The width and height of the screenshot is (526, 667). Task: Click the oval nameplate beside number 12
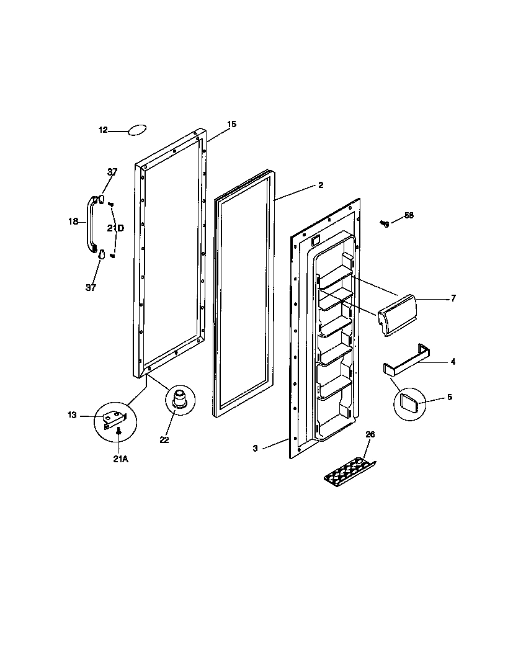point(136,130)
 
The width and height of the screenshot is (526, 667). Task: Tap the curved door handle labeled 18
point(89,223)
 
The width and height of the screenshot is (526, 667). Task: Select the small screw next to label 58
point(385,223)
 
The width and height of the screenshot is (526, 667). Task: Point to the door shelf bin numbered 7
point(398,315)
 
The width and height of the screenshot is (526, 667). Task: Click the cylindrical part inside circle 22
point(179,399)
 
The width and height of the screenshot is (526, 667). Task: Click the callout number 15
point(231,125)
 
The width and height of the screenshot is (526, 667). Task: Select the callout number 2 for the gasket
point(321,185)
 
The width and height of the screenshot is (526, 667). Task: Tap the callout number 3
point(255,448)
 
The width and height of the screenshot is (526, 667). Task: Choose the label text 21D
point(115,228)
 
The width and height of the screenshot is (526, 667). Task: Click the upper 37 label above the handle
point(112,172)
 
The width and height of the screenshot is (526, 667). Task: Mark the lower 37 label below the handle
point(91,287)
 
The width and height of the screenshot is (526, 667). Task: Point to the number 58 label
point(409,215)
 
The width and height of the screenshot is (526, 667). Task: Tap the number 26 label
point(370,434)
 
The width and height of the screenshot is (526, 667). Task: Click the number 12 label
point(103,130)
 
